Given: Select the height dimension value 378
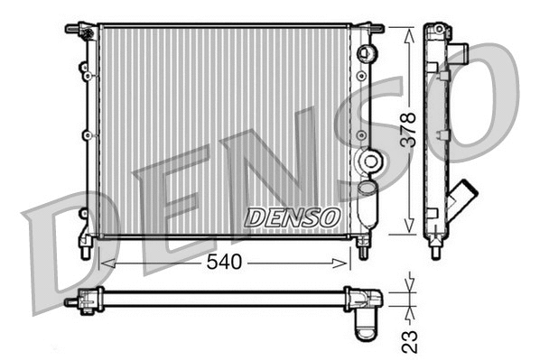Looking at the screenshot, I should pyautogui.click(x=408, y=131).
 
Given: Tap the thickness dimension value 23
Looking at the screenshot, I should pyautogui.click(x=409, y=340).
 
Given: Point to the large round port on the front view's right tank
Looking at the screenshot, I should pyautogui.click(x=369, y=162).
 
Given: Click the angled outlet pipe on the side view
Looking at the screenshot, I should pyautogui.click(x=463, y=198).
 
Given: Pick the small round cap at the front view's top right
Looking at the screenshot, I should pyautogui.click(x=366, y=52).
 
